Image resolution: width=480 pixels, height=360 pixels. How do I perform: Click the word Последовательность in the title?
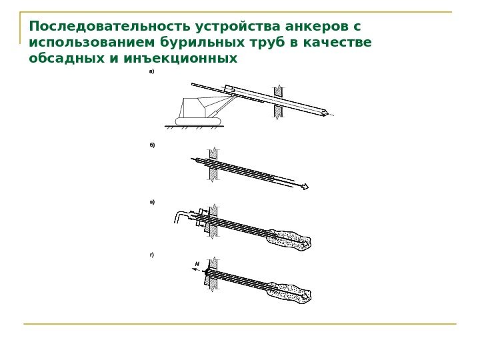pyautogui.click(x=109, y=26)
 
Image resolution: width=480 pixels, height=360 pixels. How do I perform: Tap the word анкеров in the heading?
pyautogui.click(x=316, y=26)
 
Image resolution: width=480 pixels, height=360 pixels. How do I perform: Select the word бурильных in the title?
pyautogui.click(x=203, y=42)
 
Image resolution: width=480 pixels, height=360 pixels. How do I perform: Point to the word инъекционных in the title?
pyautogui.click(x=181, y=58)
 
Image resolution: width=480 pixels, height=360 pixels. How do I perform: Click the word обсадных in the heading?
pyautogui.click(x=67, y=58)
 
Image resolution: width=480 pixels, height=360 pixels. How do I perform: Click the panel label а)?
pyautogui.click(x=151, y=71)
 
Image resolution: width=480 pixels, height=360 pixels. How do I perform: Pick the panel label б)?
pyautogui.click(x=152, y=145)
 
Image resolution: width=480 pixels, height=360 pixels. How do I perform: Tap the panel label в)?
pyautogui.click(x=152, y=202)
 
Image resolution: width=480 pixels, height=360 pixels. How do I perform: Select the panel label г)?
pyautogui.click(x=152, y=255)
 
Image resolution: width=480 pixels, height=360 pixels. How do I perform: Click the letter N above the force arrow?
pyautogui.click(x=197, y=264)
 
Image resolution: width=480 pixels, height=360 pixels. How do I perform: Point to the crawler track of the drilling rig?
pyautogui.click(x=198, y=121)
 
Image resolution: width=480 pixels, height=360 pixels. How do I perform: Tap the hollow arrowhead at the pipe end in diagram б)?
pyautogui.click(x=305, y=186)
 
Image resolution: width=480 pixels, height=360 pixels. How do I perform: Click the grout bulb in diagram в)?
pyautogui.click(x=289, y=239)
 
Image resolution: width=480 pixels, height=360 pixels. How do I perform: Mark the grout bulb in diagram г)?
pyautogui.click(x=289, y=293)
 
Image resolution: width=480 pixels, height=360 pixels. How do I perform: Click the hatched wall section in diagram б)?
pyautogui.click(x=213, y=165)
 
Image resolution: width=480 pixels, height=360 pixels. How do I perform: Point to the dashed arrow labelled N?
pyautogui.click(x=198, y=270)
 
